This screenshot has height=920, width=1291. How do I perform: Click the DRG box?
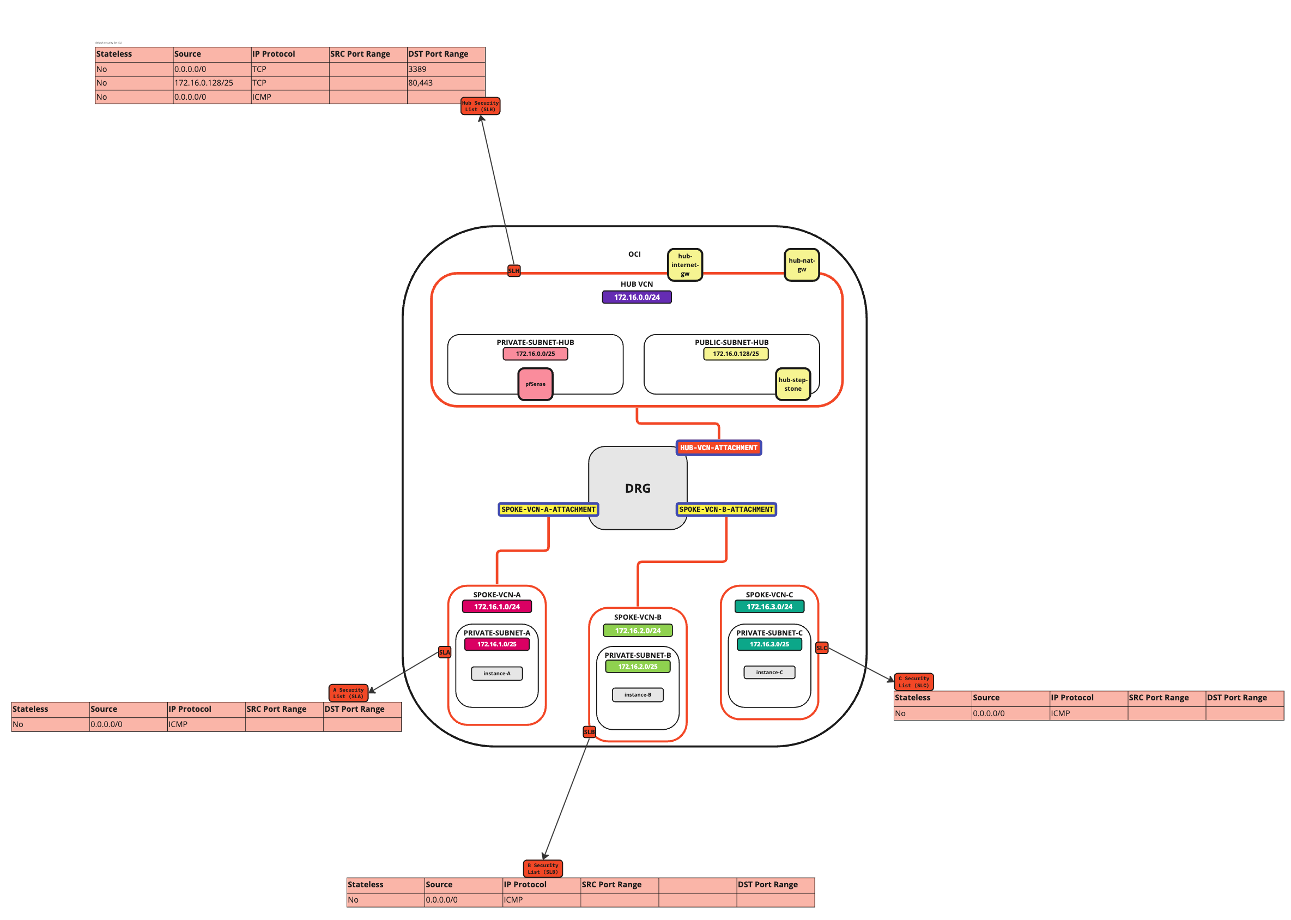click(637, 488)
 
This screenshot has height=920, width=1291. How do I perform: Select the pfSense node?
click(535, 384)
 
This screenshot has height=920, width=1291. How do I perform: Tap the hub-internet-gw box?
click(684, 264)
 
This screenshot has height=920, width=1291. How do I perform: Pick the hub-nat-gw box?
click(801, 264)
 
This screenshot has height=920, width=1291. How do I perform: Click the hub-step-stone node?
click(792, 384)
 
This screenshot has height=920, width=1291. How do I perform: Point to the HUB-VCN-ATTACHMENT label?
click(718, 447)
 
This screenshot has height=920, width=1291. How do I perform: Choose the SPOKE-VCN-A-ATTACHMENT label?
click(548, 509)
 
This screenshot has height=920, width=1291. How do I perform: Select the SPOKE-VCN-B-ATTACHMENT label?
click(726, 509)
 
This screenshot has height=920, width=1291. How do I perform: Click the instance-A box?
click(496, 673)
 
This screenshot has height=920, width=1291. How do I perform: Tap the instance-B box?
click(637, 694)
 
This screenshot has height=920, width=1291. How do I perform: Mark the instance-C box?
click(769, 673)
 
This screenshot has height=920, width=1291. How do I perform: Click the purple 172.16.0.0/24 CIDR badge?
click(636, 297)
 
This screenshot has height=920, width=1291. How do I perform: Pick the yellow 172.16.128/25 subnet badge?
click(735, 354)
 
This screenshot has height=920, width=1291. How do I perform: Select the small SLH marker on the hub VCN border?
click(513, 271)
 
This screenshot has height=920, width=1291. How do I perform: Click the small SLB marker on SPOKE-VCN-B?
click(589, 731)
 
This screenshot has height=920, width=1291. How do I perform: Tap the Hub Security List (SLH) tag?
click(480, 106)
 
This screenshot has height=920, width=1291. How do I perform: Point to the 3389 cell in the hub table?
click(445, 69)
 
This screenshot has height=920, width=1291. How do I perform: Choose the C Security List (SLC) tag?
click(913, 681)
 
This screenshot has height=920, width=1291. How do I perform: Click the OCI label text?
click(634, 254)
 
